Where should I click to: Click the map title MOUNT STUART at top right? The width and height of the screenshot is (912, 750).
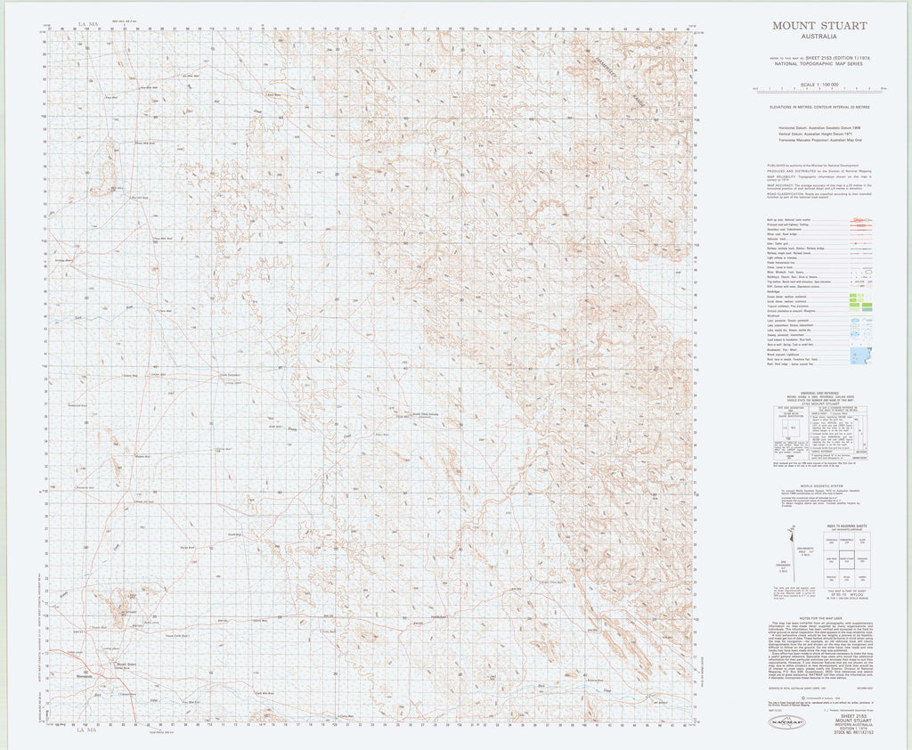coord(818,26)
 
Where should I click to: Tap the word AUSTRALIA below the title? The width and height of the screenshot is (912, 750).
coord(818,37)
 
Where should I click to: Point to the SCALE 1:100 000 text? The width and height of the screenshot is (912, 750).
coord(819,84)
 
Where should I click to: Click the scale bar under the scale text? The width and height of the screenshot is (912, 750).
coord(819,90)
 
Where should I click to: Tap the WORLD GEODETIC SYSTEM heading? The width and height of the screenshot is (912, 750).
coord(818,487)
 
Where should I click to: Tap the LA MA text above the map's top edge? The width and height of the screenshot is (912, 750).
coord(86,21)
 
